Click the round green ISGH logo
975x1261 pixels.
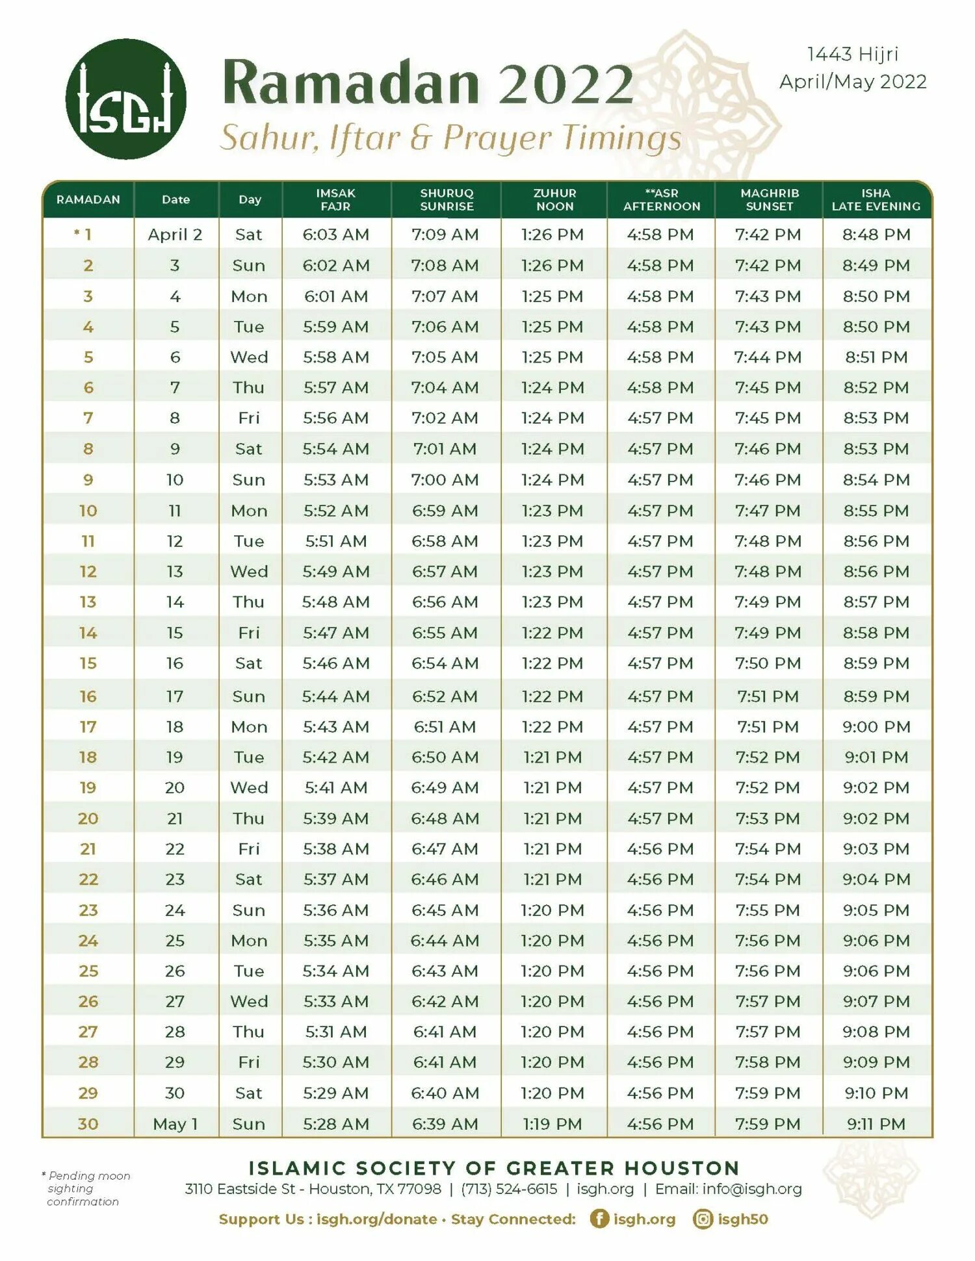[x=125, y=99]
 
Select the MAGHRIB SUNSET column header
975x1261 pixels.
[x=769, y=199]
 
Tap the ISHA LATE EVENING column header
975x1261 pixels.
[x=876, y=199]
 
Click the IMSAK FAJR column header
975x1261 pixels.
[x=335, y=199]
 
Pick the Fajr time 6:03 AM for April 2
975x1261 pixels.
[x=335, y=235]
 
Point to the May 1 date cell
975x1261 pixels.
[x=175, y=1124]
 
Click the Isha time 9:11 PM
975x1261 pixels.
[x=876, y=1124]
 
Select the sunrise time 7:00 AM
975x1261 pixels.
[x=445, y=480]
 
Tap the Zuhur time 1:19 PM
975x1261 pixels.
[x=552, y=1124]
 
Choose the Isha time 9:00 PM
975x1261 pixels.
[x=876, y=727]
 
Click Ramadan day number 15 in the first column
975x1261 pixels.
[x=88, y=663]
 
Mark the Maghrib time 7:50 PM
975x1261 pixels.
[x=768, y=663]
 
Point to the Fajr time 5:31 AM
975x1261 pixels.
[x=335, y=1032]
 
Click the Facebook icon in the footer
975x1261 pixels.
[x=599, y=1219]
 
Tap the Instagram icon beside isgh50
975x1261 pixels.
[x=703, y=1219]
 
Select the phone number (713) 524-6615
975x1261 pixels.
[x=509, y=1189]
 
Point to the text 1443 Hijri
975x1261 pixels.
[x=852, y=54]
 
